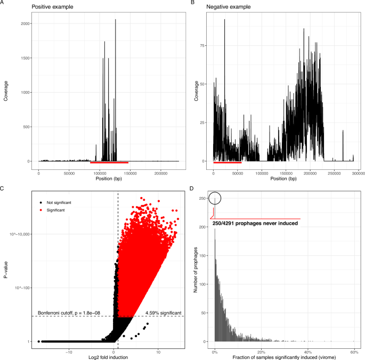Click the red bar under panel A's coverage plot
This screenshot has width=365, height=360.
tap(109, 162)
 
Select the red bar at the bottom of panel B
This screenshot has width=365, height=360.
tap(227, 162)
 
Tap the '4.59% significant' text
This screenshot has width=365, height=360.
tap(164, 313)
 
